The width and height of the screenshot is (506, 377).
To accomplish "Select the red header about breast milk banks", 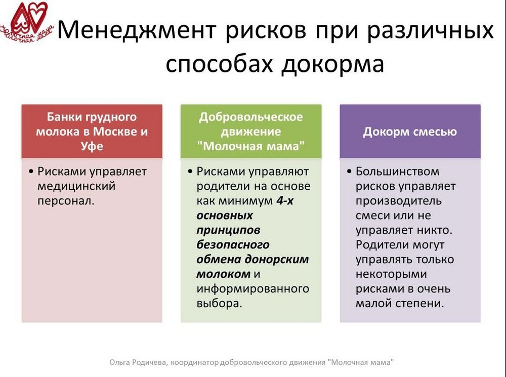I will point(92,132).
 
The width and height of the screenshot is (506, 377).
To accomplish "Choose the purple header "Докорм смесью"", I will point(410,132).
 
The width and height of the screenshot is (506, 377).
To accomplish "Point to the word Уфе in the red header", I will point(92,146).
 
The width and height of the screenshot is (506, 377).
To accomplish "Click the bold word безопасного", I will point(233,245).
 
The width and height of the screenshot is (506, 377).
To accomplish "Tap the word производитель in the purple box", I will point(399,201).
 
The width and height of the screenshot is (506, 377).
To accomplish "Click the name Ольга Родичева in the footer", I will point(138,362).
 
